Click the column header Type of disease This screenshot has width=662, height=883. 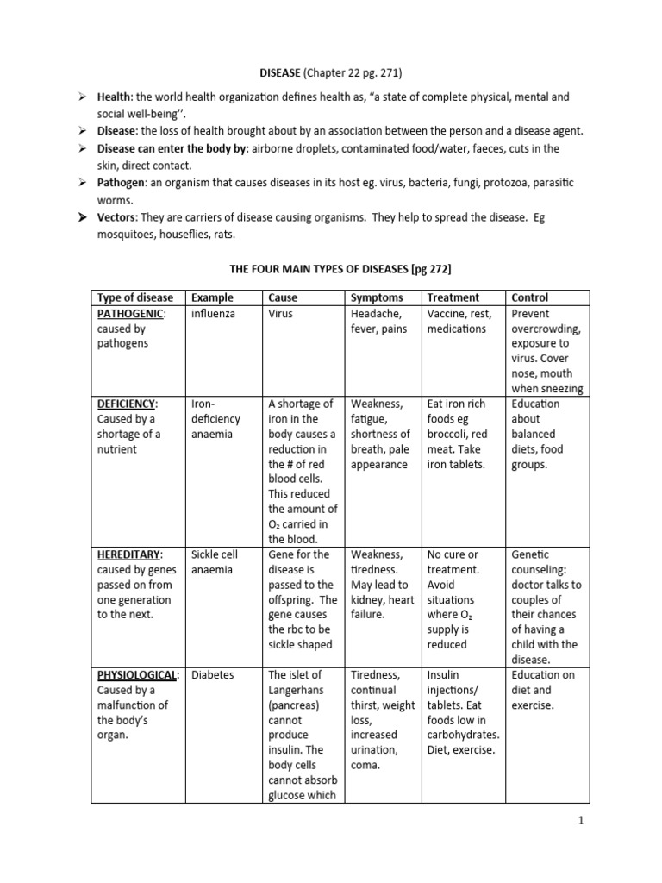(135, 297)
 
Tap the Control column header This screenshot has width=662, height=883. (530, 297)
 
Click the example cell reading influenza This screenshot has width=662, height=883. (213, 314)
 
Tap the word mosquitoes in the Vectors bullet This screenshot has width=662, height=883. (127, 233)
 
